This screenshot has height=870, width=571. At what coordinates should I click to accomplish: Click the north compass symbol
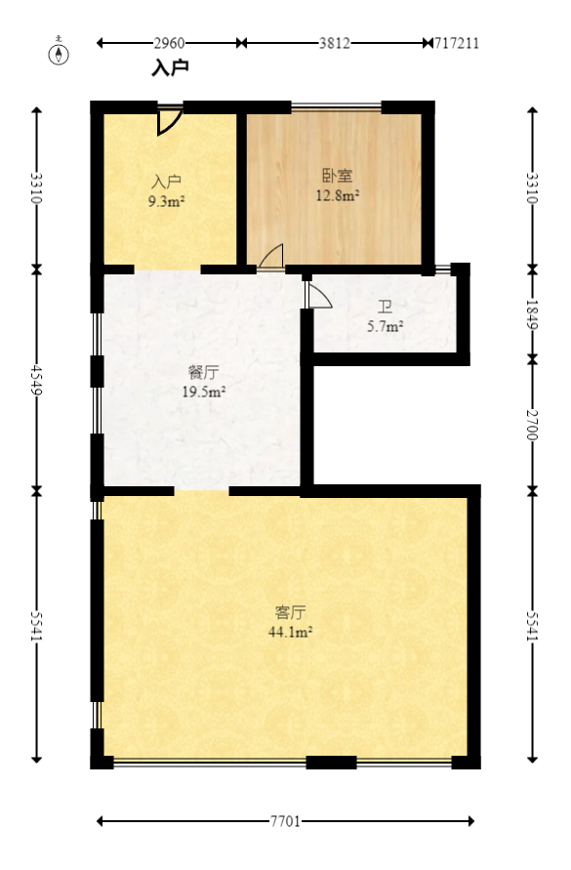point(61,53)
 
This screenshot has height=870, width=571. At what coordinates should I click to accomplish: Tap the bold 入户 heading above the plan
point(170,68)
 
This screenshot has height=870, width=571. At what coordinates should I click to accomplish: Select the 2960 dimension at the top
point(169,43)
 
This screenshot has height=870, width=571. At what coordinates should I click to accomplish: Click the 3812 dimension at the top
point(334,43)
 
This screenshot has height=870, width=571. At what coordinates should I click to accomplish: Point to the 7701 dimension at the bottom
point(285,821)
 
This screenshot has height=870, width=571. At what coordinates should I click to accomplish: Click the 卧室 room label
point(337,177)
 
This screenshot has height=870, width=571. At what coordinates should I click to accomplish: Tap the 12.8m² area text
point(337,195)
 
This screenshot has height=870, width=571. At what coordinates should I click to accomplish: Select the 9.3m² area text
point(167,201)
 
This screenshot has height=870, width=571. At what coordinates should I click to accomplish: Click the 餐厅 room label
point(203,372)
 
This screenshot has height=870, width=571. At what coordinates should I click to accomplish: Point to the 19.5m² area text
point(203,392)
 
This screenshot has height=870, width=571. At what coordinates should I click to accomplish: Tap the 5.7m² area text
point(385,326)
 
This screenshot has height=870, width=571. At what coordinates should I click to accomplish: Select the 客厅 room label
point(290,612)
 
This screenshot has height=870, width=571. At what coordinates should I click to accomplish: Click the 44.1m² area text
point(290,632)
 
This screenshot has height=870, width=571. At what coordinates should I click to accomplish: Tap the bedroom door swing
point(270,256)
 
